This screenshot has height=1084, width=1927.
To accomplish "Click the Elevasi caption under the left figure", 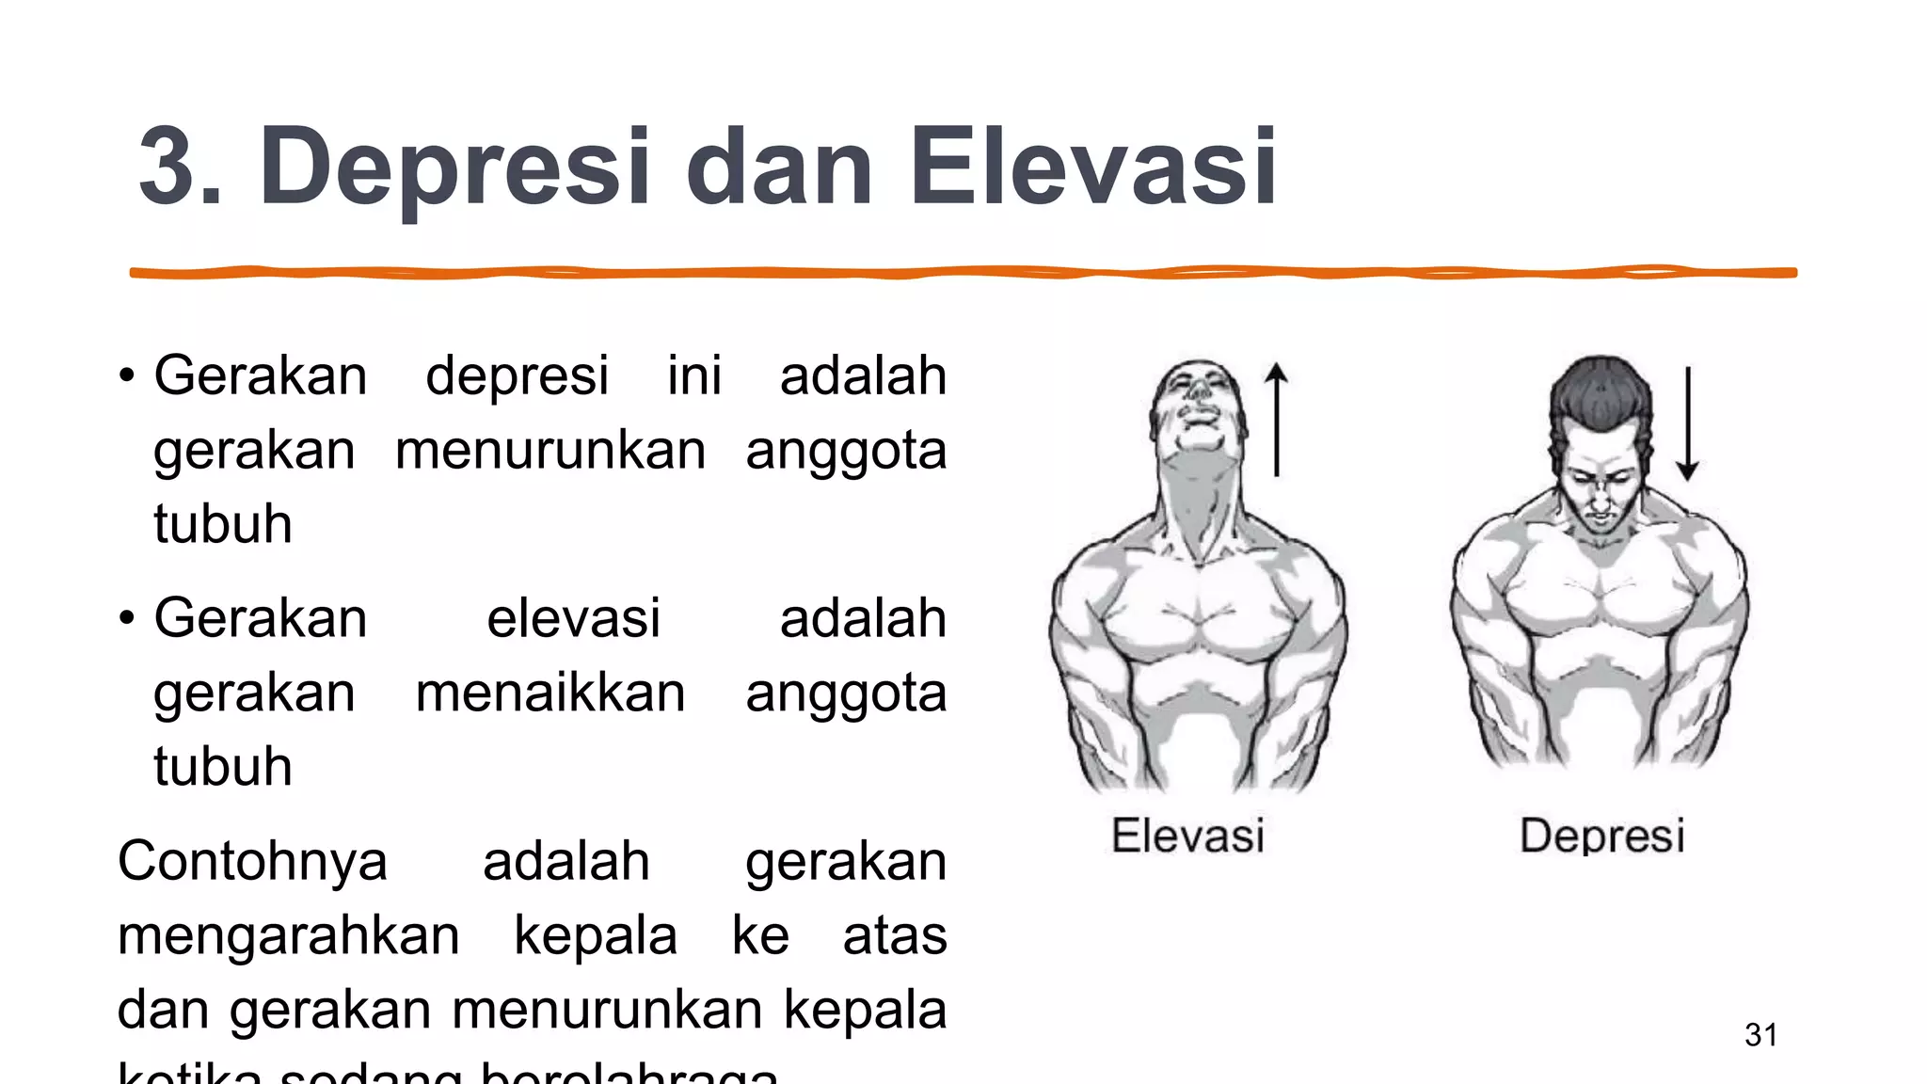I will (x=1187, y=836).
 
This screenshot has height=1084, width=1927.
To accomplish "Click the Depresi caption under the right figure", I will (x=1601, y=836).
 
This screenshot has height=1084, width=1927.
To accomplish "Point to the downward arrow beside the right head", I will (x=1688, y=423).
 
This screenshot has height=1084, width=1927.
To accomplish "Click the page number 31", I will (x=1760, y=1035).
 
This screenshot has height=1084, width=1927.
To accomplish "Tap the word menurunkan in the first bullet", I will (x=550, y=450).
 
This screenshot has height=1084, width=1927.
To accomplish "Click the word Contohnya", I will (x=252, y=861).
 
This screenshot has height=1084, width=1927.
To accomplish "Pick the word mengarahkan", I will (x=288, y=935).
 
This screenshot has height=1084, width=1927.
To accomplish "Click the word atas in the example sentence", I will (x=894, y=935).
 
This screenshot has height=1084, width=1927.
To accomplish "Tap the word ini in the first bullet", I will (x=694, y=375).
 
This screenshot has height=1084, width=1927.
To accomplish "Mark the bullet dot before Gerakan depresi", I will (x=127, y=376).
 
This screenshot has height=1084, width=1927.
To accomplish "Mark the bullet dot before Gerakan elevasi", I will (x=127, y=619).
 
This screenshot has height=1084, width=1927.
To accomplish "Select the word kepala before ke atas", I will (x=595, y=935).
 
